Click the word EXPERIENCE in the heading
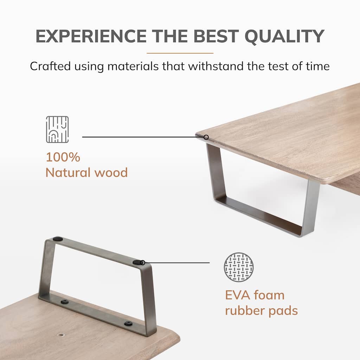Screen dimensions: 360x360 click(x=91, y=36)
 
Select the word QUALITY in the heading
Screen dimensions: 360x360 click(x=284, y=37)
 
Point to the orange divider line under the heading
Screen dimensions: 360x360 click(x=180, y=53)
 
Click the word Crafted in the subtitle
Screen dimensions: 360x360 click(x=50, y=66)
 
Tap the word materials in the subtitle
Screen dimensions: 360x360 click(x=133, y=66)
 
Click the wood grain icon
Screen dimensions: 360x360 click(x=57, y=129)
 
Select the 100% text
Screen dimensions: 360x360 click(x=63, y=157)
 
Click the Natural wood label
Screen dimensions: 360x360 click(x=86, y=172)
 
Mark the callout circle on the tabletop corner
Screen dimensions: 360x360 click(x=206, y=137)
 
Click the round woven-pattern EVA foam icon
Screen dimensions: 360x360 click(x=239, y=267)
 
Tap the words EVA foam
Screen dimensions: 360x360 click(x=255, y=295)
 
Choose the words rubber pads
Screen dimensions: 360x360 click(x=261, y=311)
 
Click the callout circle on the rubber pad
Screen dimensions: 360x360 click(x=143, y=262)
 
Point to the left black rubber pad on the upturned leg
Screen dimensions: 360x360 click(x=58, y=239)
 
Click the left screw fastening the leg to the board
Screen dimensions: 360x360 click(x=65, y=302)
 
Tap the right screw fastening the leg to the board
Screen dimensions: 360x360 click(x=128, y=323)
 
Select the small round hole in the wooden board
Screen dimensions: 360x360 click(x=61, y=335)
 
